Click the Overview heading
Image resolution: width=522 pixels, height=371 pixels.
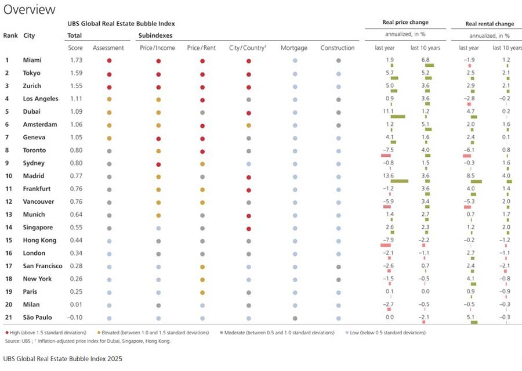[x=30, y=9]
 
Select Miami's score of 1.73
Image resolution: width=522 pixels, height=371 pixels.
[x=76, y=60]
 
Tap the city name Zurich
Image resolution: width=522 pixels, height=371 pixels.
[x=32, y=86]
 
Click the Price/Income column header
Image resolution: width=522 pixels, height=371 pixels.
[x=157, y=48]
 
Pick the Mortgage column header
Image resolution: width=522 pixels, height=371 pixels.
[x=294, y=48]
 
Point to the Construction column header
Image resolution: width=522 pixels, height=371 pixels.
[x=338, y=48]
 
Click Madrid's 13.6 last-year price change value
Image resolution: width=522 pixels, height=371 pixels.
[x=389, y=175]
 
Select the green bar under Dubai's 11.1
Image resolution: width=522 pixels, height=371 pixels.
[x=398, y=117]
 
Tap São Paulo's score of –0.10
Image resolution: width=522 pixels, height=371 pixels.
[x=75, y=318]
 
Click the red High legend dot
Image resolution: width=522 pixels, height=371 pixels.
[x=7, y=333]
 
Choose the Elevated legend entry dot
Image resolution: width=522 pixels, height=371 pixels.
[x=99, y=333]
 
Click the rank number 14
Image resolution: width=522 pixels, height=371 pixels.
[x=9, y=228]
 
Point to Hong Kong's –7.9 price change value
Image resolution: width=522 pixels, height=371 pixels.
[x=388, y=240]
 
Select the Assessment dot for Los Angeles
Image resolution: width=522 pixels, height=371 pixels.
[x=109, y=99]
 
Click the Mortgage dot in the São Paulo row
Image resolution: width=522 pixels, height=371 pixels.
[x=295, y=318]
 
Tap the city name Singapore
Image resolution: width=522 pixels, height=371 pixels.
[x=38, y=228]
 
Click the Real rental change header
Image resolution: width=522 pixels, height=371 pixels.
[x=490, y=24]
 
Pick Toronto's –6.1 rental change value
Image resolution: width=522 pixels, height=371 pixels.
[x=469, y=150]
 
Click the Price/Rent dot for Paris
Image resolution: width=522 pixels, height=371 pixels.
[x=202, y=293]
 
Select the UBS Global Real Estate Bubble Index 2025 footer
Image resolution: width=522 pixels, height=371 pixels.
[x=63, y=359]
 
